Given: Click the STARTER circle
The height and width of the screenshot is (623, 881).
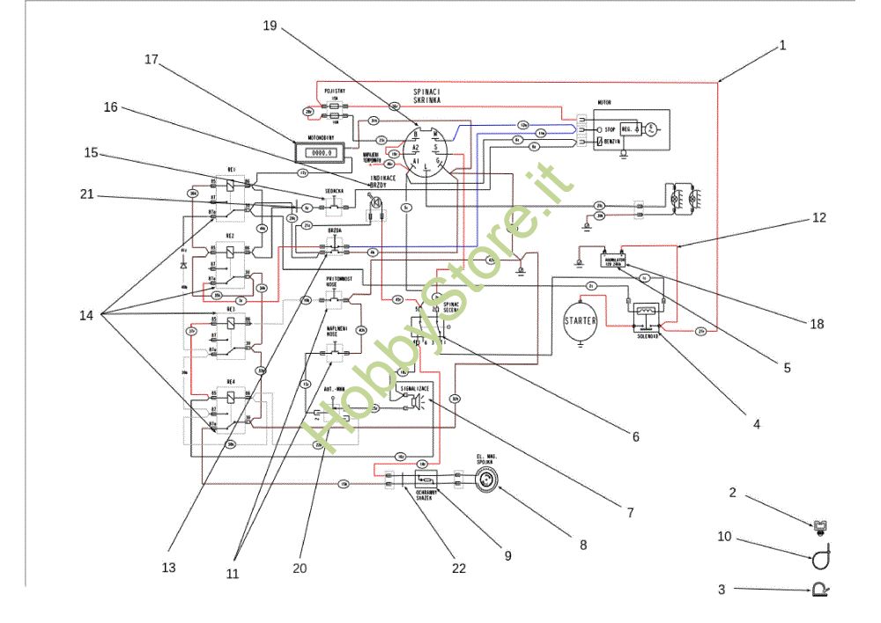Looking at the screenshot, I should pos(580,321).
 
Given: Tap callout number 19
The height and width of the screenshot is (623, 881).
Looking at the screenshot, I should pos(270,26).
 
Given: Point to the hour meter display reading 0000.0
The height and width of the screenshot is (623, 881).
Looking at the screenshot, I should pos(317,152).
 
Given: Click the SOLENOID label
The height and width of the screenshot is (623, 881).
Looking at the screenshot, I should pos(650,335).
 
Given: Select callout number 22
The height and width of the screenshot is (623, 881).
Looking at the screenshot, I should pos(459,568).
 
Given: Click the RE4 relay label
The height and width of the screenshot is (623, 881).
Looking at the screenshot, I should pos(231,381).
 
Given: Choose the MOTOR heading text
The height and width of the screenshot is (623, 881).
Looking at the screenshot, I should pos(604,103).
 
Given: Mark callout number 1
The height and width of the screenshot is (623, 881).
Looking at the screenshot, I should pos(782,45).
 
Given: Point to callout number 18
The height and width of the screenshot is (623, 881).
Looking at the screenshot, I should pos(817,324).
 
